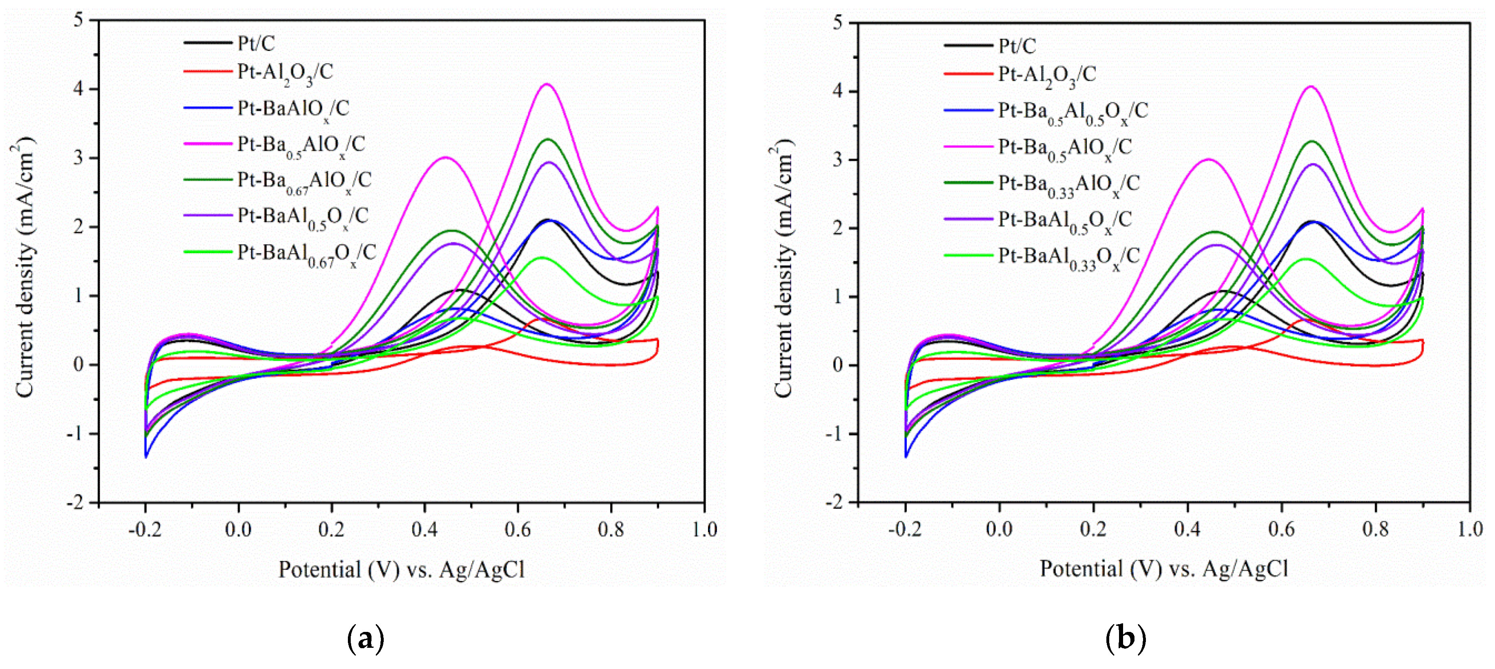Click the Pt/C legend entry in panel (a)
click(256, 43)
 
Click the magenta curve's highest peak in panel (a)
click(547, 85)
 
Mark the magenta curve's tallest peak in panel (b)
click(1310, 87)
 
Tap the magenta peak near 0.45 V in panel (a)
click(445, 157)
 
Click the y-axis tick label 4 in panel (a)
click(78, 89)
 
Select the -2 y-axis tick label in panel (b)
click(833, 502)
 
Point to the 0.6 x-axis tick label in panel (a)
click(518, 530)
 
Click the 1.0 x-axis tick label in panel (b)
click(1469, 530)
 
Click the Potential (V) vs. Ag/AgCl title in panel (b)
click(1164, 569)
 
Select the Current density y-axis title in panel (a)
click(24, 267)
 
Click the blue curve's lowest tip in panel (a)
click(146, 457)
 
